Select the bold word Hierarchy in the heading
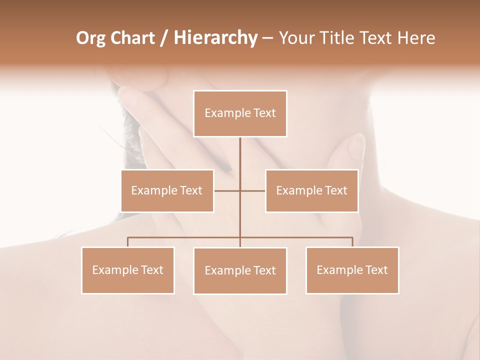215,38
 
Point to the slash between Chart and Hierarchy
164,38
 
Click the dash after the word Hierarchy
267,38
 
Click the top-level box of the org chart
240,113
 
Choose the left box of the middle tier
167,190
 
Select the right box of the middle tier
311,190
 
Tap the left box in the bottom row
127,270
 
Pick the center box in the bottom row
240,270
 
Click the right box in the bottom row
352,270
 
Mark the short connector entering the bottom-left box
127,242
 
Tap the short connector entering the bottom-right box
352,242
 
